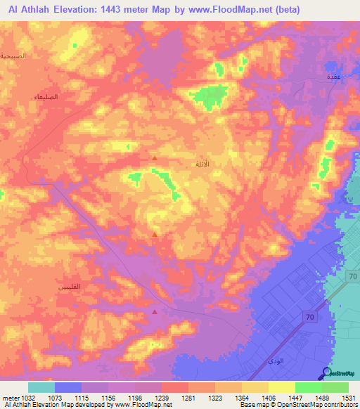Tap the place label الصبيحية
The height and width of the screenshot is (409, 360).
[13, 55]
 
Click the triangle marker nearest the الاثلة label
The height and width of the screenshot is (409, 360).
[155, 158]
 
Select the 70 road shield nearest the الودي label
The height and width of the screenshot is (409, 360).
[309, 318]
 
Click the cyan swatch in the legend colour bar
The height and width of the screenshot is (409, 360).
[41, 387]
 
